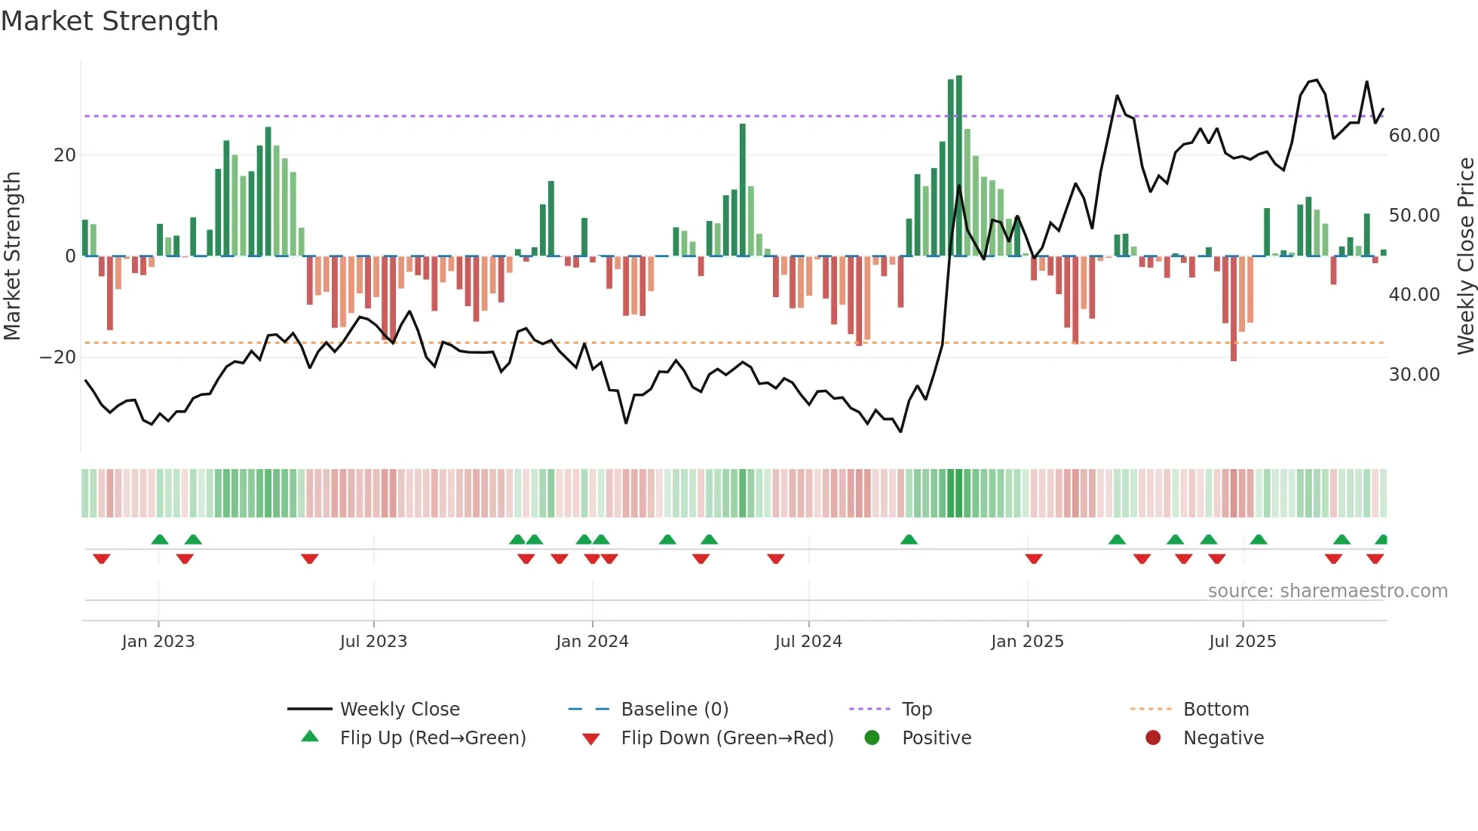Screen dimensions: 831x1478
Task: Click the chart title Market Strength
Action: [109, 21]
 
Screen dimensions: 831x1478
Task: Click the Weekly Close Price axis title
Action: [1465, 256]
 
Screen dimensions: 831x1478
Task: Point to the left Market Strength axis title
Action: [13, 256]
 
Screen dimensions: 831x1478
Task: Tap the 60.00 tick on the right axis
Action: [1414, 136]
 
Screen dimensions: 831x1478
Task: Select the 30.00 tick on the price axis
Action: [1414, 375]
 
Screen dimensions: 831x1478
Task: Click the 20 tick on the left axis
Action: [65, 155]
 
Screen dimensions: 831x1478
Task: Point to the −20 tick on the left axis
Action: [58, 357]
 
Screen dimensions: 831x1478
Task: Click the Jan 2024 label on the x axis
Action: [592, 642]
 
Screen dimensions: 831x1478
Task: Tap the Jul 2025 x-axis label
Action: [1242, 642]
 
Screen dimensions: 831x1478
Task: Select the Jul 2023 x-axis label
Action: [373, 642]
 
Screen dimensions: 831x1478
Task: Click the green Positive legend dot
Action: [872, 738]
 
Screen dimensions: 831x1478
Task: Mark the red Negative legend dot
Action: [1153, 738]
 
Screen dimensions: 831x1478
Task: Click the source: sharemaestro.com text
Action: [1327, 591]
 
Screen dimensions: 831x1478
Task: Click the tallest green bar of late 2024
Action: [959, 166]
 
